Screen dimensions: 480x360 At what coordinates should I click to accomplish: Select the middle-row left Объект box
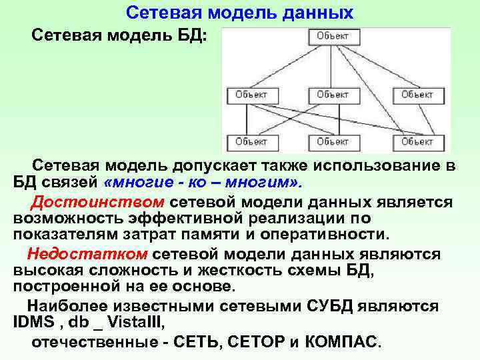pos(251,95)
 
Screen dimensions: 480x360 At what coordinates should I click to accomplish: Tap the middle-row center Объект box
pos(333,95)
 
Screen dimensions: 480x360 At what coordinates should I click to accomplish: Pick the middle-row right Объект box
pos(417,95)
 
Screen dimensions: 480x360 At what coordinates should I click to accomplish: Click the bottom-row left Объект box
pos(251,142)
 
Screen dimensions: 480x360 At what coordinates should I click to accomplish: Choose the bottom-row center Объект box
pos(333,142)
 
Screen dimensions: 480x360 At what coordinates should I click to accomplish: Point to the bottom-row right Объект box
pos(417,142)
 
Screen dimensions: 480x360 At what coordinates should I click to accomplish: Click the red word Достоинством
pos(97,203)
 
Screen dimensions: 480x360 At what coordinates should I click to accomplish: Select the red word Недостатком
pos(87,254)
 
